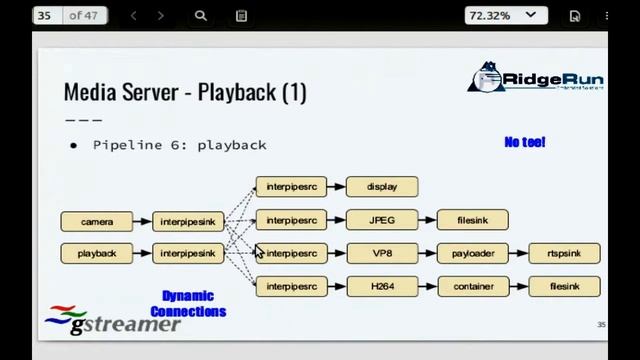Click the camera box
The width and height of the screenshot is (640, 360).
(x=97, y=221)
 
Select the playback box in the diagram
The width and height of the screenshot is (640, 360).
(x=97, y=253)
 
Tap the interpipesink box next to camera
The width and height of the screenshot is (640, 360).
(x=188, y=221)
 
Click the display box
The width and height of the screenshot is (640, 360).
(x=382, y=187)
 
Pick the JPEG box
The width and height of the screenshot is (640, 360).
(x=382, y=220)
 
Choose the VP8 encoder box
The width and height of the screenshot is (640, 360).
(x=382, y=253)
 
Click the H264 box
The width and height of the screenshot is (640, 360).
(x=382, y=286)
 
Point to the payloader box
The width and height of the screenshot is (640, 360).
(x=473, y=253)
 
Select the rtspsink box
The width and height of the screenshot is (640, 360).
(x=564, y=253)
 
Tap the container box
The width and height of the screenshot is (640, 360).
(x=473, y=286)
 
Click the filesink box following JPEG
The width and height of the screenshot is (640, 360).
(x=473, y=220)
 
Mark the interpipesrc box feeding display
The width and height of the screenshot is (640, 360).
(x=291, y=187)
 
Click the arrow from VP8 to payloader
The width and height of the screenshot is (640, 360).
(x=428, y=253)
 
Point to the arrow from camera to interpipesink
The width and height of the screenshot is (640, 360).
(x=143, y=221)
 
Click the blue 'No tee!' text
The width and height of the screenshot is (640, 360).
(x=525, y=143)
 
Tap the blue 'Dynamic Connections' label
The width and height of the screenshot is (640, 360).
(x=188, y=304)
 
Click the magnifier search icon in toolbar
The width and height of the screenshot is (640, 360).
(x=201, y=16)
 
